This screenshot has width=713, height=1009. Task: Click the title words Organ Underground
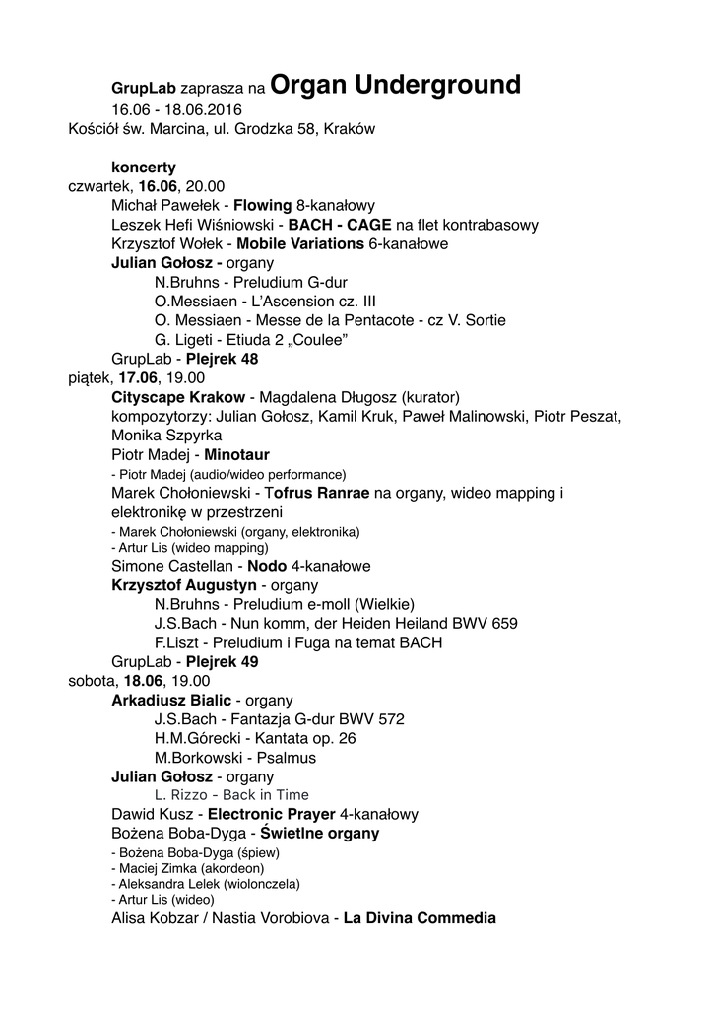[394, 86]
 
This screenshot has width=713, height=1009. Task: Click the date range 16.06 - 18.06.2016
[176, 109]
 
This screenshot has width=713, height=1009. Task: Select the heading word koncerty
[144, 168]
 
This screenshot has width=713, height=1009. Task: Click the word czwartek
[100, 186]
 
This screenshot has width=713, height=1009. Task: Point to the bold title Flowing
[262, 206]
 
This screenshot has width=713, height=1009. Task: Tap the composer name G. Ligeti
[181, 339]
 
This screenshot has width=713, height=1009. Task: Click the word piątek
[89, 377]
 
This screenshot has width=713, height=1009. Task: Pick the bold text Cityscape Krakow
[178, 396]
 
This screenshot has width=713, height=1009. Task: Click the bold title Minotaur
[236, 454]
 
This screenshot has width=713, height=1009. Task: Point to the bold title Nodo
[267, 567]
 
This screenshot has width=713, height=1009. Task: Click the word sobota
[91, 680]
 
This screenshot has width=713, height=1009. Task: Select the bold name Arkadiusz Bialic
[171, 700]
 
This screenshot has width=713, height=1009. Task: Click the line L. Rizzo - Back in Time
[231, 795]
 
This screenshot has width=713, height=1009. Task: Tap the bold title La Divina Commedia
[420, 918]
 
